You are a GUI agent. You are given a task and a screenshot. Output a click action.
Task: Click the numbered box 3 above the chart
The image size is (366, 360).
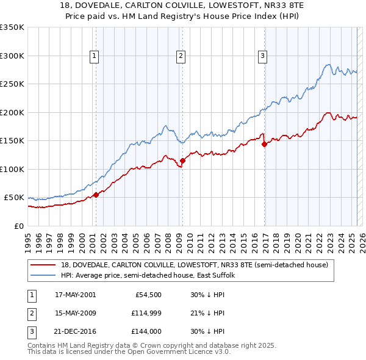click(262, 56)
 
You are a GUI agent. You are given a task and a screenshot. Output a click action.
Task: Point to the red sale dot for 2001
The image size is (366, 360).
click(96, 195)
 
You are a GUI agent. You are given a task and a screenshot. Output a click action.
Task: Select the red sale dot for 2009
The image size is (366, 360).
click(182, 160)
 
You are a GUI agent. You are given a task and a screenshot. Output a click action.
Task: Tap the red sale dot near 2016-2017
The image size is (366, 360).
click(265, 145)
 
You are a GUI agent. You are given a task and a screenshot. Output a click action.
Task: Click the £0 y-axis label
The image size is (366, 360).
click(18, 226)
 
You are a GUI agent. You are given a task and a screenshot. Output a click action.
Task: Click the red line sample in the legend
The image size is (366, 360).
click(43, 265)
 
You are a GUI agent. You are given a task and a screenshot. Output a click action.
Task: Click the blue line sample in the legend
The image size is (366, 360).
click(43, 275)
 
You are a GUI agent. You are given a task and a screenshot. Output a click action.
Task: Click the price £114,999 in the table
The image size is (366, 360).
click(144, 313)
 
